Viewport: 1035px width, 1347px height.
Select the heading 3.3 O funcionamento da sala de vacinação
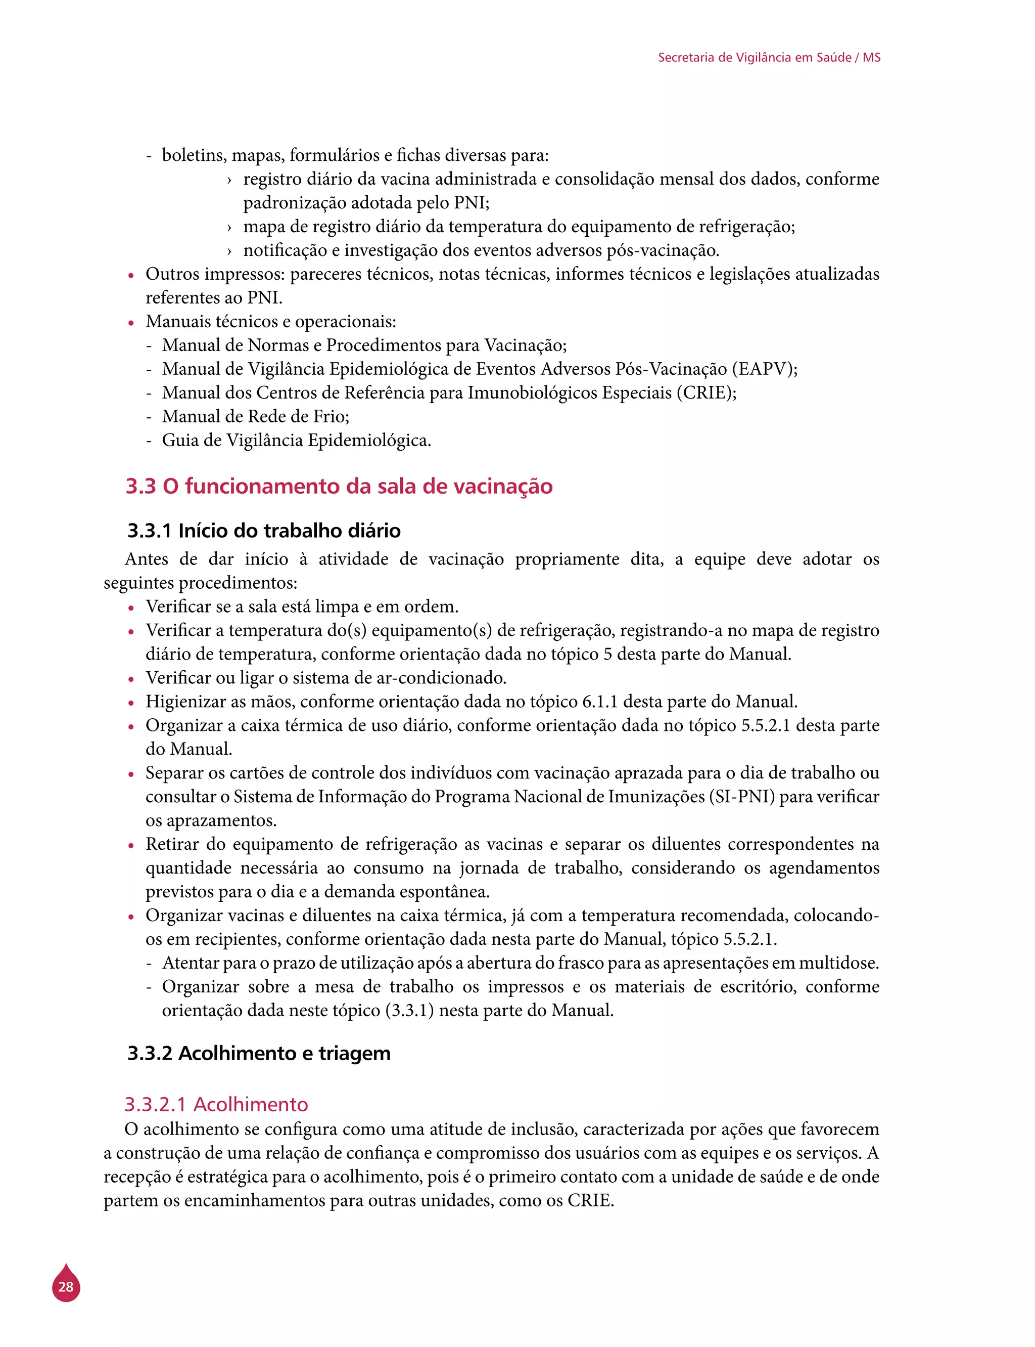339,487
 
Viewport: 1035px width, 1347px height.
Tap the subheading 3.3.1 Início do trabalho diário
264,530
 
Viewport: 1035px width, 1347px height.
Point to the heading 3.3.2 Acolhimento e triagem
259,1053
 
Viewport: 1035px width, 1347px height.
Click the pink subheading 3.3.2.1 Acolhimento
216,1104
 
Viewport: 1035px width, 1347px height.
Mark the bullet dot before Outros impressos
130,276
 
